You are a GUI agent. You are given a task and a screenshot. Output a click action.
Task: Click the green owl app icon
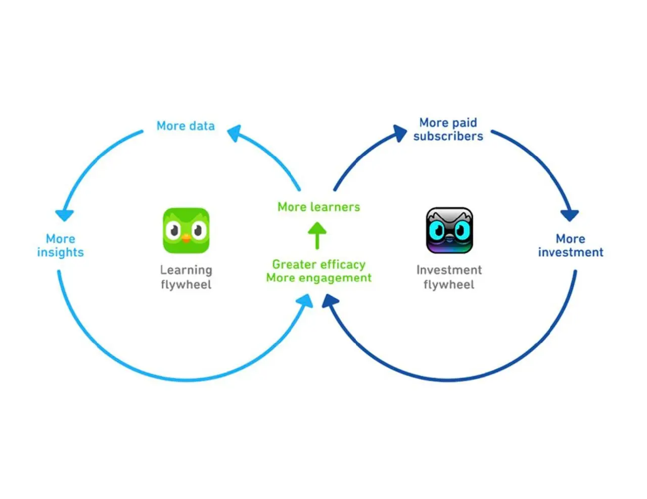(x=186, y=231)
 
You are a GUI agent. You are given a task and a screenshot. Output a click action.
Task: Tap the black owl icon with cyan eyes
(x=449, y=231)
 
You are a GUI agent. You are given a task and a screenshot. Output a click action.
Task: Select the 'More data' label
(x=186, y=126)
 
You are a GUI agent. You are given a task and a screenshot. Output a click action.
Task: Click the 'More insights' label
(x=61, y=245)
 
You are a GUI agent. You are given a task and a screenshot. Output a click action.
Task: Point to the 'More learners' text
(x=318, y=207)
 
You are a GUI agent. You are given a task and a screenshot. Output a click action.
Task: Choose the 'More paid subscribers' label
(x=448, y=129)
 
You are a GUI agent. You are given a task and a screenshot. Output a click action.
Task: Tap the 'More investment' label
(x=571, y=245)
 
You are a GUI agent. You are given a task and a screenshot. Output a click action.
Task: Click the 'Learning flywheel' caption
(x=186, y=277)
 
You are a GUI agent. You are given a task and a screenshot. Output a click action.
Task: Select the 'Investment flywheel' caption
(x=449, y=277)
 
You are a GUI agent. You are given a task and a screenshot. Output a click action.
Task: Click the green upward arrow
(x=317, y=236)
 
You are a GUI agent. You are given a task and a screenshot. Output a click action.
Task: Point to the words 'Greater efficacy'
(x=318, y=264)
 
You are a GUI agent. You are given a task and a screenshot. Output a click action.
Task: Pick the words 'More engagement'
(x=318, y=278)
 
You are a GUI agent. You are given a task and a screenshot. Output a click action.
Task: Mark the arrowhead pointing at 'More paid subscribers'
(x=400, y=133)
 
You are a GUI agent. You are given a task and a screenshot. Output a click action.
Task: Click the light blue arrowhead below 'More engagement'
(x=305, y=301)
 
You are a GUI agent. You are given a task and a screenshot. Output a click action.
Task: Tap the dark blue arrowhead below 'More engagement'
(x=330, y=301)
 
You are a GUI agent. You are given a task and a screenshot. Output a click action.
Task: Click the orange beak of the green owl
(x=186, y=238)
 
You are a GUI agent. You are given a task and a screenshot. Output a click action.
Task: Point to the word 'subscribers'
(x=448, y=136)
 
